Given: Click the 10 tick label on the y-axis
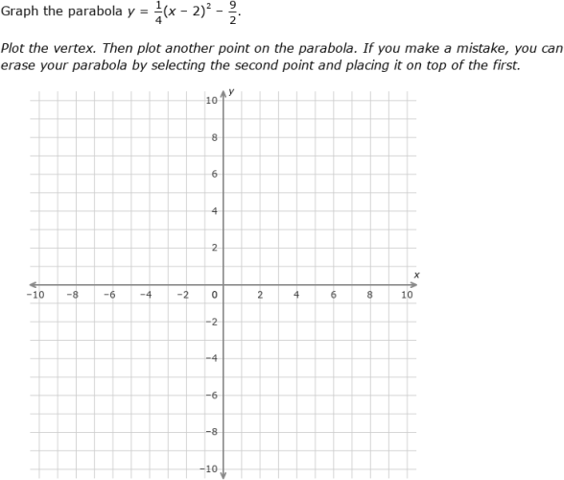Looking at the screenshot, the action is (x=211, y=101).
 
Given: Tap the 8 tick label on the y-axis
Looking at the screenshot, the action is (x=215, y=138).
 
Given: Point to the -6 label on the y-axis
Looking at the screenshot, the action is (x=214, y=395).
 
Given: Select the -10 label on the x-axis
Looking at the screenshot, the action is (x=35, y=295).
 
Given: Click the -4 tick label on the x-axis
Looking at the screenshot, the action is (x=145, y=295).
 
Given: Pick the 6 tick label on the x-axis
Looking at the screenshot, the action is (x=334, y=295).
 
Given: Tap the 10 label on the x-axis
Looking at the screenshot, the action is (x=407, y=295).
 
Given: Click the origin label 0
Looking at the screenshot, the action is (x=215, y=295).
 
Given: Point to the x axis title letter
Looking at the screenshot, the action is (x=416, y=275).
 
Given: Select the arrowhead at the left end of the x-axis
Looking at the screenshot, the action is (x=33, y=284).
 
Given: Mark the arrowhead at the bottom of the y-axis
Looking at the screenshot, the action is (x=223, y=473).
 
